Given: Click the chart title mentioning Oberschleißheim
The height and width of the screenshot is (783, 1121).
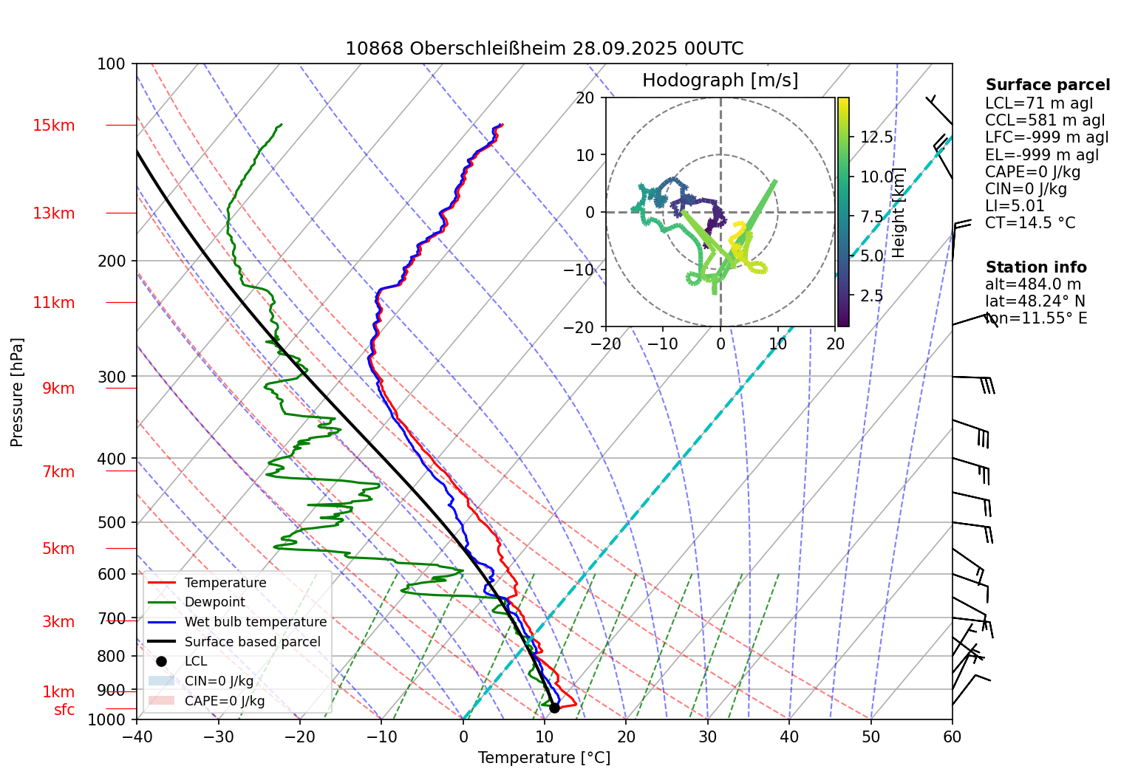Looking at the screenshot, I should [x=544, y=49].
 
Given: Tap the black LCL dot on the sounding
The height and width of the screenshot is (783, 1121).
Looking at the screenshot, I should [x=554, y=708].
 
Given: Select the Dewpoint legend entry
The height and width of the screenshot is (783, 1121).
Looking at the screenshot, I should [x=214, y=602].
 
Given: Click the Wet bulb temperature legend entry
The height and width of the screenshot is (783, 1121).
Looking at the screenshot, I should [x=255, y=622].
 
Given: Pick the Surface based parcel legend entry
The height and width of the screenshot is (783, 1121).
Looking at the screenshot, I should [x=252, y=642].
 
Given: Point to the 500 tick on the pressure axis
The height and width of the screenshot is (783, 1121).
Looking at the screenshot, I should [x=112, y=522].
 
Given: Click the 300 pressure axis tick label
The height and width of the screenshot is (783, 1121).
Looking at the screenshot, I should [x=112, y=377].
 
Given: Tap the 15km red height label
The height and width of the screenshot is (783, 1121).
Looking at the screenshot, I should [x=53, y=126].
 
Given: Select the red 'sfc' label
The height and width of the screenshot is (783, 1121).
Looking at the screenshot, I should [x=64, y=710].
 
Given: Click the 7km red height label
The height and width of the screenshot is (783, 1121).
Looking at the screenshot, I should [x=58, y=472].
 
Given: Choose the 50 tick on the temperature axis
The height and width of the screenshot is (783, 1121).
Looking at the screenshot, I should [x=870, y=736].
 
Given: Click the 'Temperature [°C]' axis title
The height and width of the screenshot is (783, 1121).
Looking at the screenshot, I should [x=544, y=758].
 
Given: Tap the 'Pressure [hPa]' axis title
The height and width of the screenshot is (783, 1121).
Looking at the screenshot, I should [x=17, y=392].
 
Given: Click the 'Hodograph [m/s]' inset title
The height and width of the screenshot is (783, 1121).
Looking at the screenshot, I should [x=720, y=81].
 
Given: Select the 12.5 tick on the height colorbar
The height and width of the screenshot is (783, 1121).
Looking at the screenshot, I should [x=876, y=137].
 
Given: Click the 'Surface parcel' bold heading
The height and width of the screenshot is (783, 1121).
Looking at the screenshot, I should [x=1047, y=85].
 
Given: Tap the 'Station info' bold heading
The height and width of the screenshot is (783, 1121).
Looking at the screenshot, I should [x=1035, y=267].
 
